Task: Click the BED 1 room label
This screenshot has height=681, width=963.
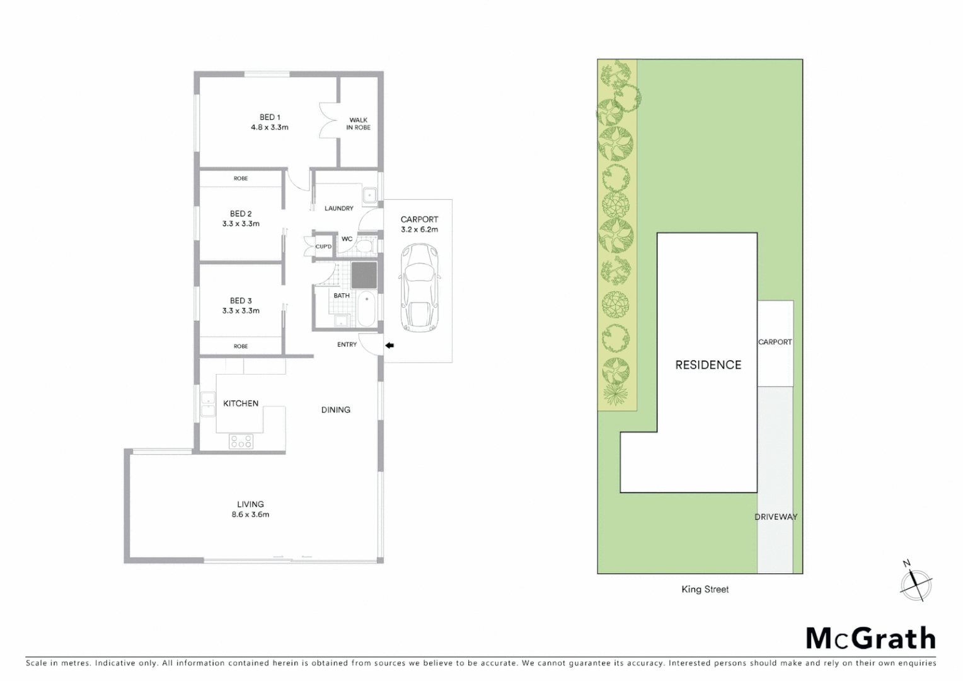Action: click(270, 117)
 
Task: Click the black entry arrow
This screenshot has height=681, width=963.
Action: click(389, 346)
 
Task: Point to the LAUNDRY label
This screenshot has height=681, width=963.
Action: click(338, 208)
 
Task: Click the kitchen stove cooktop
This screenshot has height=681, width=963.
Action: click(241, 441)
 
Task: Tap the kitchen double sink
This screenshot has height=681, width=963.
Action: click(207, 404)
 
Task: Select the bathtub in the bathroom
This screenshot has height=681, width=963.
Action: click(366, 309)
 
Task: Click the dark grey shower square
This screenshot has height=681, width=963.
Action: click(364, 275)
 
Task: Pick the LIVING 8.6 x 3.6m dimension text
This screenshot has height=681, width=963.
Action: click(250, 515)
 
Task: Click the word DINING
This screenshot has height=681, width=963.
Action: click(335, 410)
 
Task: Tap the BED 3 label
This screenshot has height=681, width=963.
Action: click(241, 301)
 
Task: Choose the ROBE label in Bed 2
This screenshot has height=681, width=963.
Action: click(241, 178)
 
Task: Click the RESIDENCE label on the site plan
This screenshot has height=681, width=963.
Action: click(708, 365)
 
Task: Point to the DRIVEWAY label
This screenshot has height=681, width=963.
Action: click(776, 517)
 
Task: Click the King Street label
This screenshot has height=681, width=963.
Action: click(705, 590)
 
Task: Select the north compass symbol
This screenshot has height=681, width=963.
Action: click(915, 585)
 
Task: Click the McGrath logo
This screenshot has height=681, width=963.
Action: click(870, 639)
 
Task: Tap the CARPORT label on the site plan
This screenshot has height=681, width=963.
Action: click(775, 342)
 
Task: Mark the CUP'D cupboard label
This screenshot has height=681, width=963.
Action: click(323, 247)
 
